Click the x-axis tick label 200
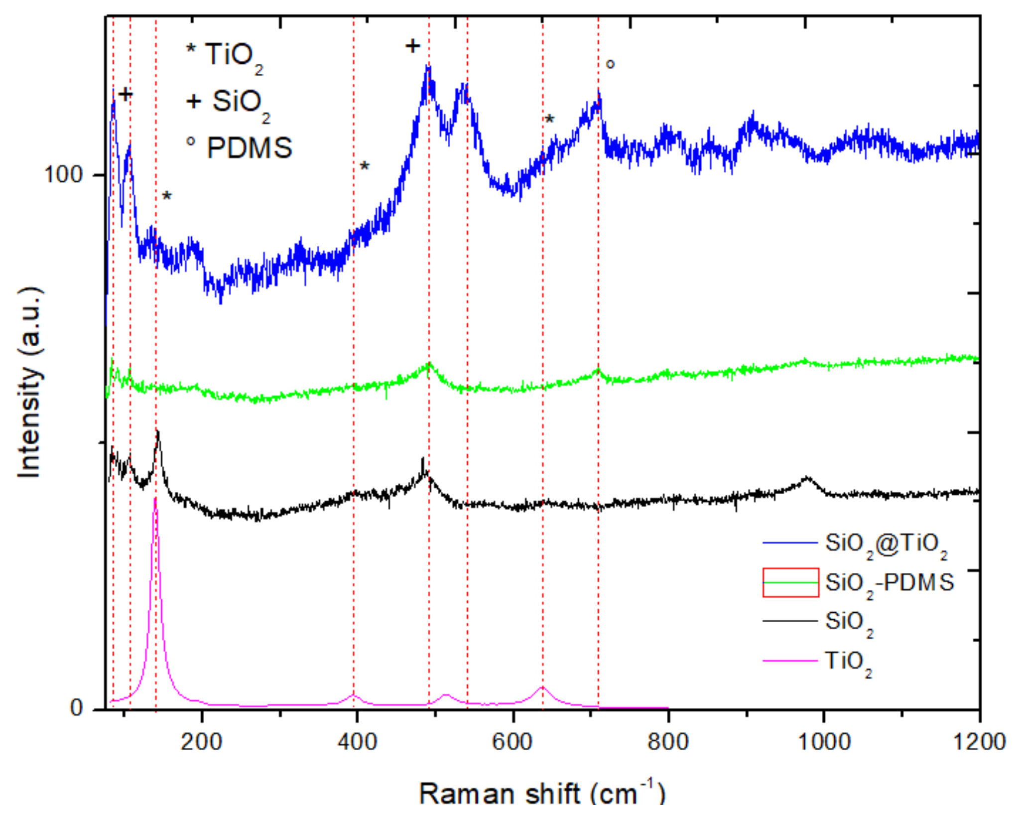point(201,742)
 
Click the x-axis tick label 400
point(357,742)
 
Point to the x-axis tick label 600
point(512,742)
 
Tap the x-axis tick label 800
point(668,742)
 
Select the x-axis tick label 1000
point(824,742)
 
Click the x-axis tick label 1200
point(979,742)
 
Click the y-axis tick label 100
point(63,175)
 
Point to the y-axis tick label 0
point(76,707)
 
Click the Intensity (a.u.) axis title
point(30,383)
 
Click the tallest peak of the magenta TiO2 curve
point(155,498)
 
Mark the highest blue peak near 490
point(427,66)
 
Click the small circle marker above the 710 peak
point(610,64)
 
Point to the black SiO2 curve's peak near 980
point(807,478)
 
